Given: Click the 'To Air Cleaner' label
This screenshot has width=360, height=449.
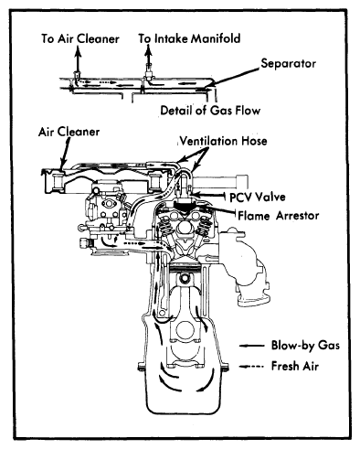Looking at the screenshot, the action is tap(80, 38).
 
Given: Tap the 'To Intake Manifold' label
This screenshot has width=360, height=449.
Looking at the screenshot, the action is tap(189, 38).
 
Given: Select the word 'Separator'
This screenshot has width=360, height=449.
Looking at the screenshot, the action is tap(288, 63).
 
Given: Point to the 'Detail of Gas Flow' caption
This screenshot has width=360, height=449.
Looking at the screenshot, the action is tap(210, 110).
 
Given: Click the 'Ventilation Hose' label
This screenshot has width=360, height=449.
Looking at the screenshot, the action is tap(223, 141).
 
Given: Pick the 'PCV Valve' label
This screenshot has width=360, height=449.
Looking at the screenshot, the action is tap(258, 197).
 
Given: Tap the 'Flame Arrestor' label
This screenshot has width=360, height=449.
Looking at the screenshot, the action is tap(279, 216).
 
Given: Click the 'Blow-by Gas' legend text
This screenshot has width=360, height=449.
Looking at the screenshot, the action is tap(305, 346).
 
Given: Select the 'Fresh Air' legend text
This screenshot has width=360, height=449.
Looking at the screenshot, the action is tap(295, 366).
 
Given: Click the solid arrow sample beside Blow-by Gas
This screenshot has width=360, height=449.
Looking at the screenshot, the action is tap(251, 346).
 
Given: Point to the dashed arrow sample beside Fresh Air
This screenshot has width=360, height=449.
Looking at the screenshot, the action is tap(251, 367).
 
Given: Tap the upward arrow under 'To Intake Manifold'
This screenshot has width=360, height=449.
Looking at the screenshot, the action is tap(149, 58).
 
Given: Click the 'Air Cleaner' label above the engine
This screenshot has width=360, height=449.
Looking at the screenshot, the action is tap(69, 132).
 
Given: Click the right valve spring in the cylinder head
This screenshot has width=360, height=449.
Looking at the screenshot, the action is tap(205, 227).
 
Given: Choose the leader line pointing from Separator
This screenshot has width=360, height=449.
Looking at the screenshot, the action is tap(235, 76).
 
